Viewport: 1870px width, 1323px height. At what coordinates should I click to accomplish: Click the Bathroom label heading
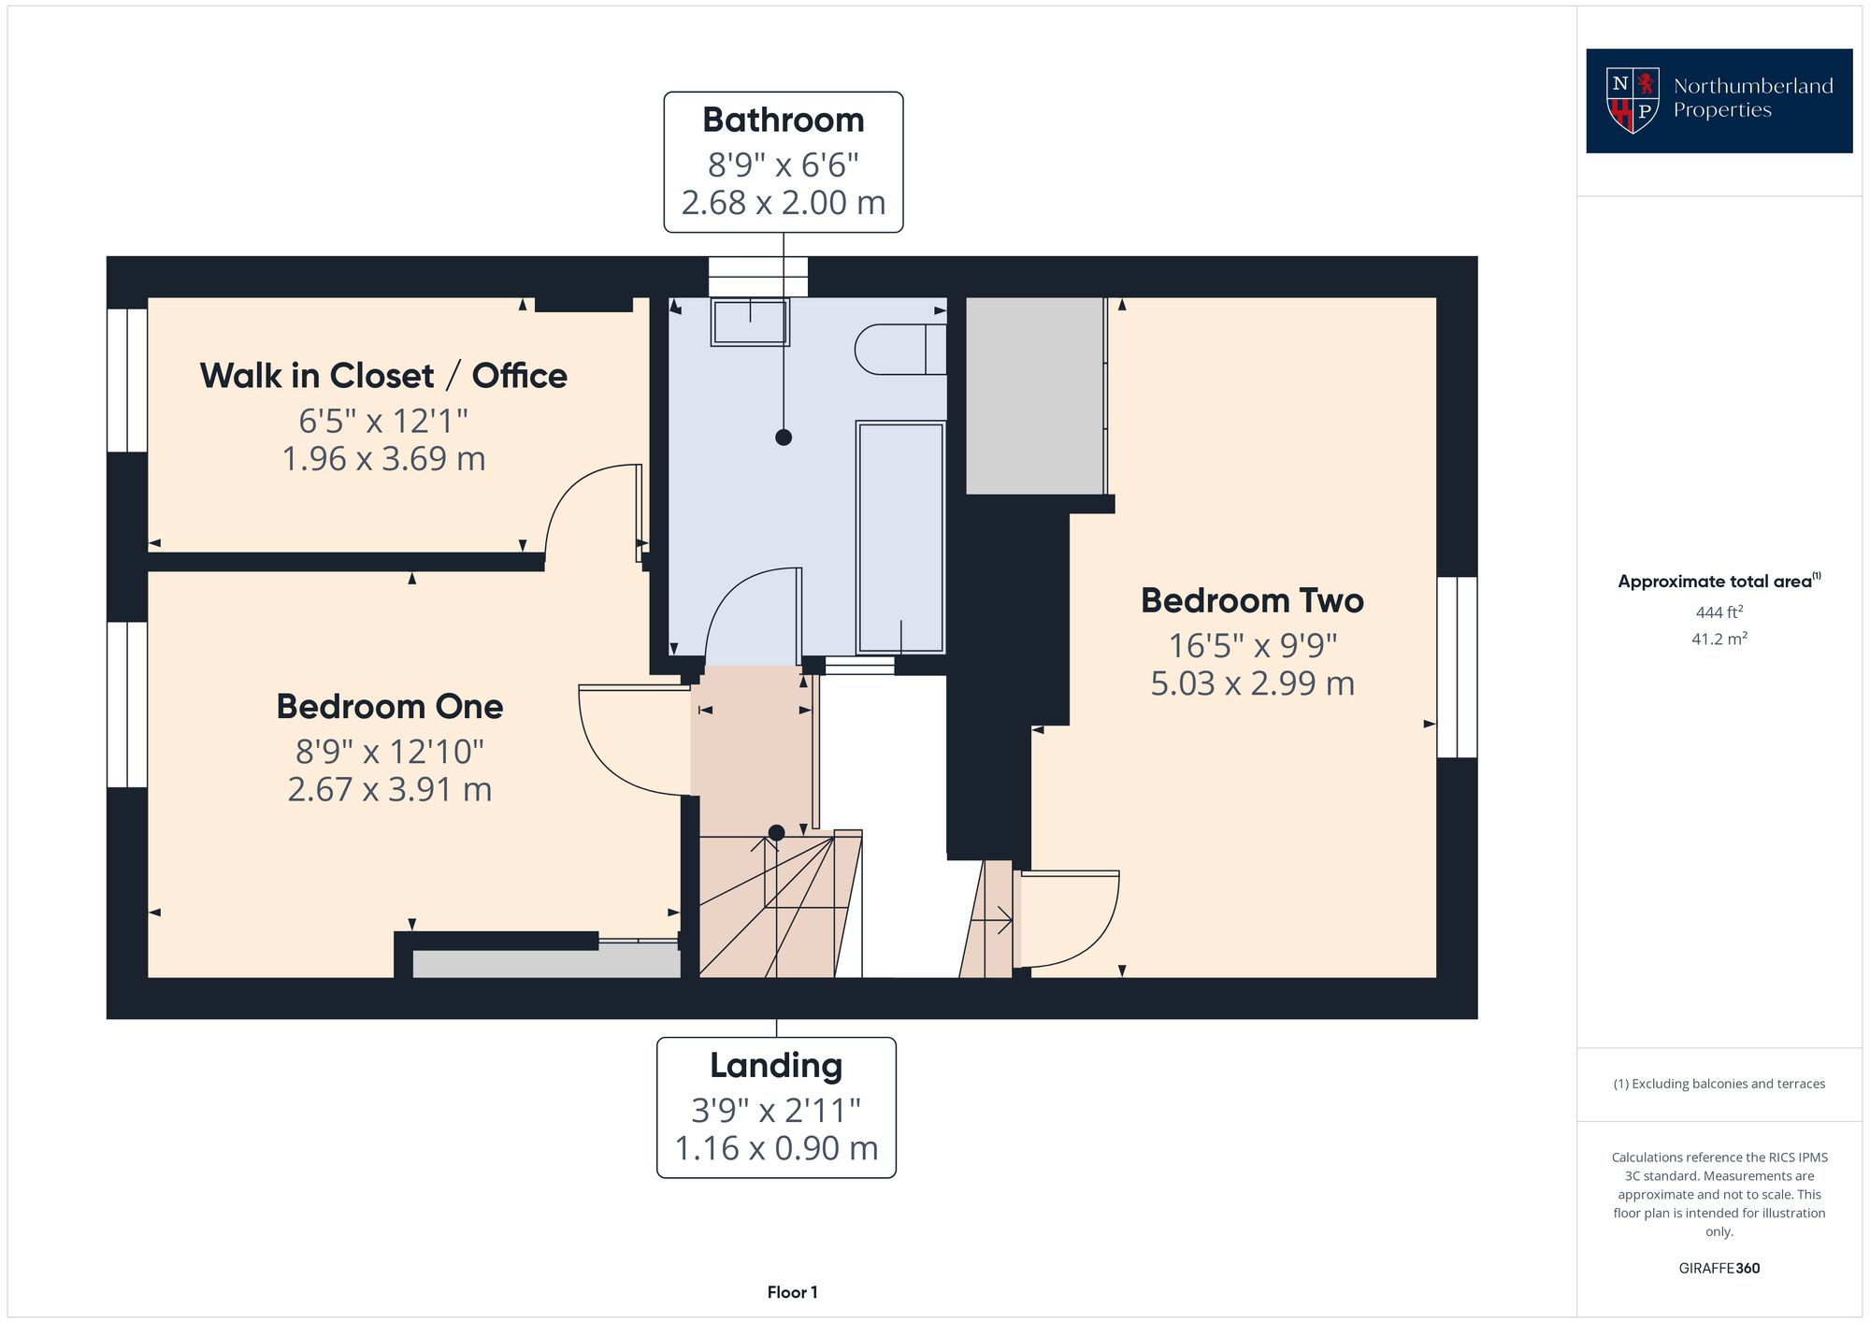(783, 121)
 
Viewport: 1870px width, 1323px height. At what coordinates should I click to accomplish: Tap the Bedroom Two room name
(1251, 600)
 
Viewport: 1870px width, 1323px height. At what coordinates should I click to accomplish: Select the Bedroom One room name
(389, 707)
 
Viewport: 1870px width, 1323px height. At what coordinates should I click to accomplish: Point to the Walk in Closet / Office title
(383, 376)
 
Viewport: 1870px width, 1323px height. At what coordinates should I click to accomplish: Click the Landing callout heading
(775, 1066)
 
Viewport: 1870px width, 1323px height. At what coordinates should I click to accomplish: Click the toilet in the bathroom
(898, 350)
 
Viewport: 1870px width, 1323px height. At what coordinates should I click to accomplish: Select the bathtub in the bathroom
(899, 538)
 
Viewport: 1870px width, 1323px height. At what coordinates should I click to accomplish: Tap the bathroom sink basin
(749, 322)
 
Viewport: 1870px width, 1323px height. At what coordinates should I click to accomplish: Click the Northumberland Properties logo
(1719, 101)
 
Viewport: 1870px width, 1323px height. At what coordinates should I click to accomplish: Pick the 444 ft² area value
(1719, 612)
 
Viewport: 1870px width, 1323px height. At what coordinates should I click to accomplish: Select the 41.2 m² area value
(1719, 640)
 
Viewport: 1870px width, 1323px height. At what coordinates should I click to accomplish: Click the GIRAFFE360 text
(1719, 1269)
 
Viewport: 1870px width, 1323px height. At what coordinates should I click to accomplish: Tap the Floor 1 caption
(792, 1292)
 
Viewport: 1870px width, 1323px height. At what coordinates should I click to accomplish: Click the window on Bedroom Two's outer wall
(1457, 667)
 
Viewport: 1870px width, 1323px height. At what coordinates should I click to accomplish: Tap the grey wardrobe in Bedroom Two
(1034, 395)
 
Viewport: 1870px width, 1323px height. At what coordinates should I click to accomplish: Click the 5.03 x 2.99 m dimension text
(1251, 683)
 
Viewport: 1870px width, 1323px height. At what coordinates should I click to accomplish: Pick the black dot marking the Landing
(776, 832)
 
